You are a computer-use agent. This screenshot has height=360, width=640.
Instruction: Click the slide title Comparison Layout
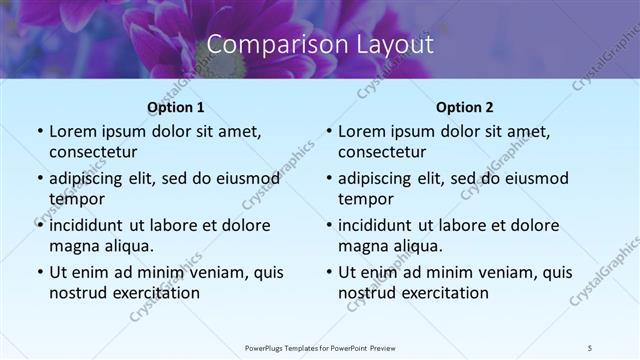click(x=320, y=44)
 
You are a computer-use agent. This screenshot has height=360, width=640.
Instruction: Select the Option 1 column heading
click(x=175, y=108)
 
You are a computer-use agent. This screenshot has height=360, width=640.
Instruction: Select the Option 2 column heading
click(x=464, y=108)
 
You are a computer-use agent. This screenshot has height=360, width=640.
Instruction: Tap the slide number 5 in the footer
click(x=589, y=347)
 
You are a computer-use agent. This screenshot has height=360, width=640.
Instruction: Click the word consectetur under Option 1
click(x=93, y=151)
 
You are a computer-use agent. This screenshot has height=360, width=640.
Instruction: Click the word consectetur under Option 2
click(x=382, y=151)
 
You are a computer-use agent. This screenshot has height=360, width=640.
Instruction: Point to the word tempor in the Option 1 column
click(x=76, y=198)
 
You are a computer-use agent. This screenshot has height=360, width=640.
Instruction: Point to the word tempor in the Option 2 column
click(x=365, y=198)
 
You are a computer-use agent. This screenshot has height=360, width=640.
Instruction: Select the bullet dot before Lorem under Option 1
click(x=39, y=132)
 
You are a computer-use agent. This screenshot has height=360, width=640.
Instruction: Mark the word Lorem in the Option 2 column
click(x=361, y=131)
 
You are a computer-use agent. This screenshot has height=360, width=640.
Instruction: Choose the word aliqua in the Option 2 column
click(x=416, y=246)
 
